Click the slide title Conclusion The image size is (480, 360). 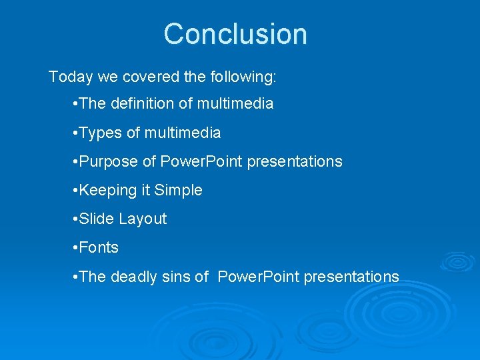pyautogui.click(x=235, y=34)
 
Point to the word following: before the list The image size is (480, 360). pyautogui.click(x=243, y=77)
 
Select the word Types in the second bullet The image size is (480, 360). pyautogui.click(x=101, y=133)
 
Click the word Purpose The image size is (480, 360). pyautogui.click(x=105, y=162)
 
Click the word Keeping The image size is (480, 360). pyautogui.click(x=107, y=191)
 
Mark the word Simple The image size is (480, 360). pyautogui.click(x=178, y=191)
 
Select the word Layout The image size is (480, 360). pyautogui.click(x=143, y=219)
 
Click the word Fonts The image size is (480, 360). pyautogui.click(x=99, y=248)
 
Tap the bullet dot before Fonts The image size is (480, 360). pyautogui.click(x=74, y=248)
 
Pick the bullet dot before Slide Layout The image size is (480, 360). pyautogui.click(x=74, y=219)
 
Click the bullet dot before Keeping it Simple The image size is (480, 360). pyautogui.click(x=74, y=191)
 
